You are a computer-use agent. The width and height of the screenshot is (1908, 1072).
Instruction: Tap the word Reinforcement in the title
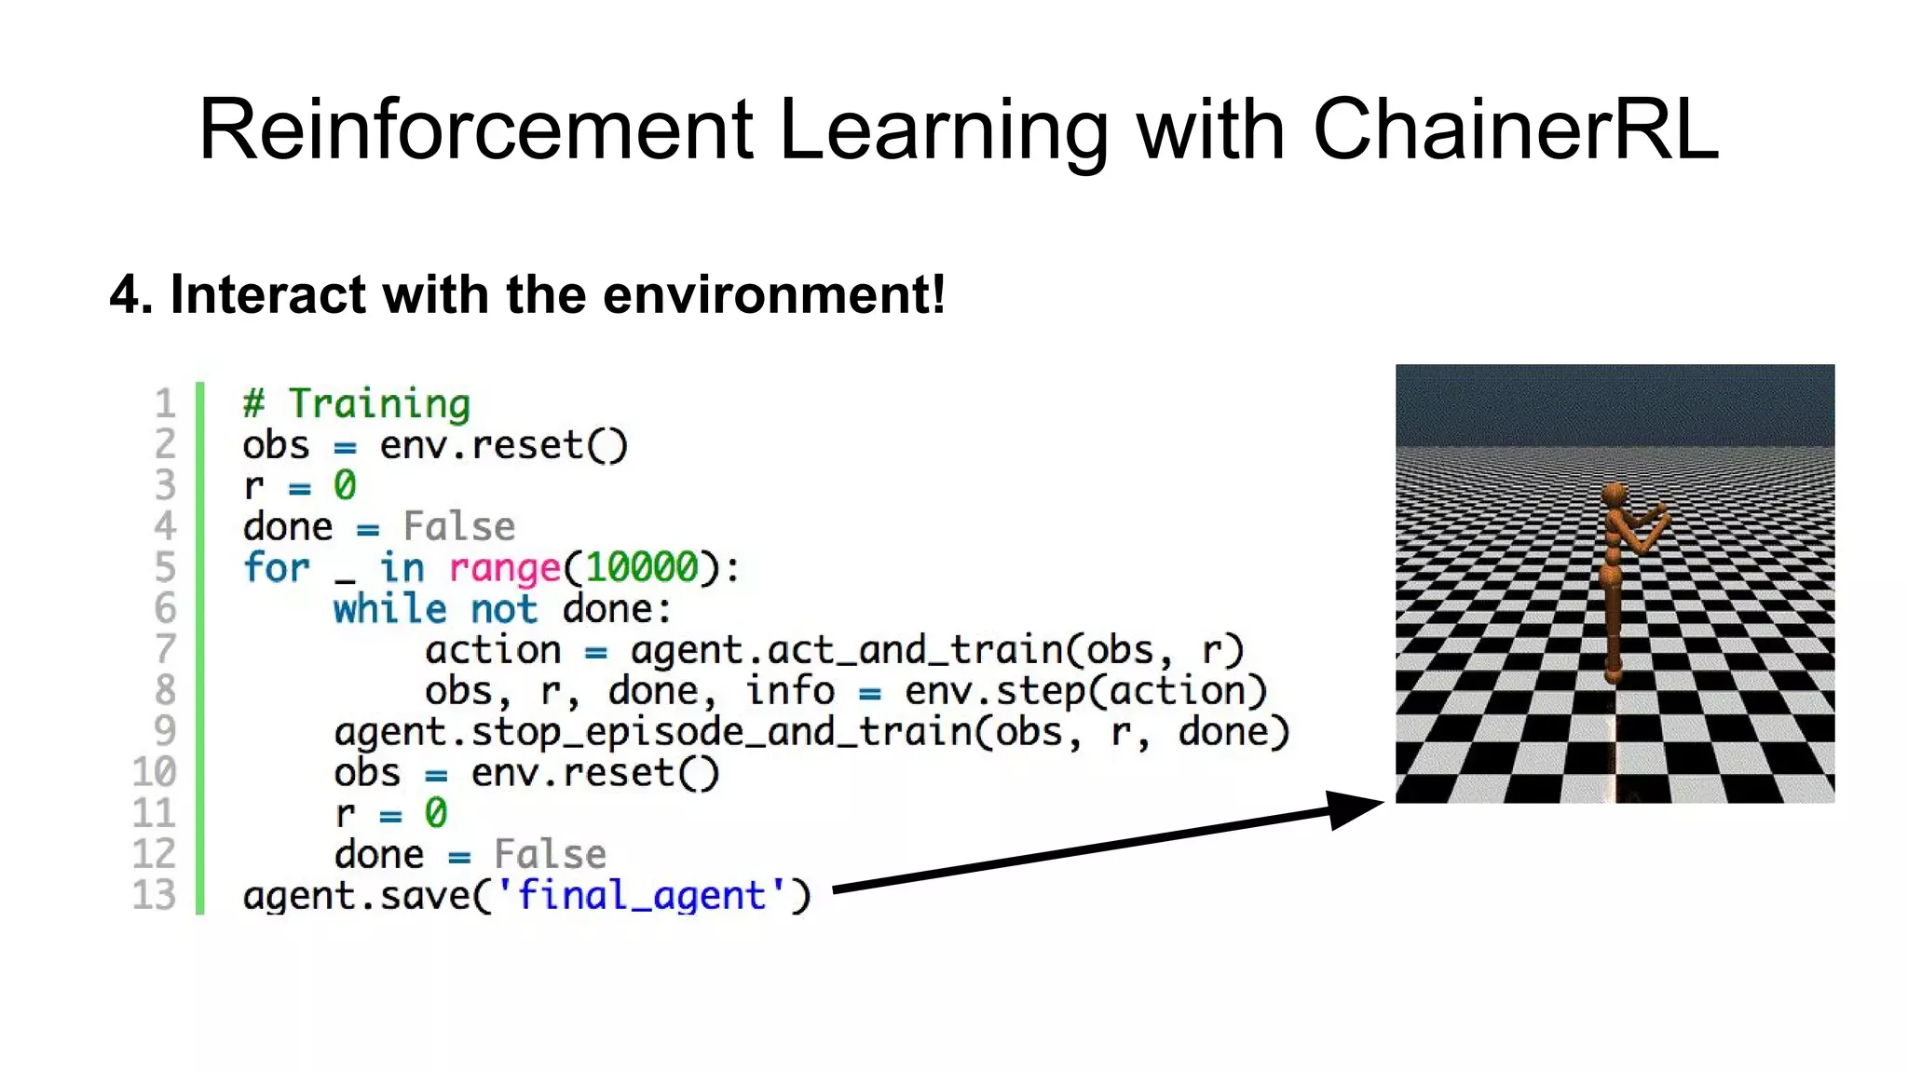(475, 130)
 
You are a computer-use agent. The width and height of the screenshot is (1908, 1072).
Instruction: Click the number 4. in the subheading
(131, 295)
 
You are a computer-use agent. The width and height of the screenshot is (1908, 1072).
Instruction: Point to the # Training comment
(357, 404)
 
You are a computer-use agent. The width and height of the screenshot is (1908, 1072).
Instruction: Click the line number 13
(154, 895)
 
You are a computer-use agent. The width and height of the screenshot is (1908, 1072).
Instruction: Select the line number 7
(165, 649)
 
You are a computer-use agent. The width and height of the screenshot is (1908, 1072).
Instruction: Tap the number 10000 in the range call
(642, 567)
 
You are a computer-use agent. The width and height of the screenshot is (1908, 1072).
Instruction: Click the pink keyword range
(505, 568)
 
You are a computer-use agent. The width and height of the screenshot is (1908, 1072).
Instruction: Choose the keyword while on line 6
(390, 609)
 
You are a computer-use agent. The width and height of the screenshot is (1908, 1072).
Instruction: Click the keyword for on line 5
(276, 567)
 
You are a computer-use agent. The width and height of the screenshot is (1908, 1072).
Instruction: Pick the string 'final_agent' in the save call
(642, 895)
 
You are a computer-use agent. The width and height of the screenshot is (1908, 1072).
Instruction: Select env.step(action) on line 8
(1085, 691)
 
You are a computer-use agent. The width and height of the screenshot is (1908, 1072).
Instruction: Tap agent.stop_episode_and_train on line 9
(653, 732)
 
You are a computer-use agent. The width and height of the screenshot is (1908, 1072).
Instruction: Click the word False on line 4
(458, 527)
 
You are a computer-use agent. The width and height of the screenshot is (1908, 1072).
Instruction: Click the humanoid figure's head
(1615, 495)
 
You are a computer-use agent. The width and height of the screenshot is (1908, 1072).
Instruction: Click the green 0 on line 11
(436, 813)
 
